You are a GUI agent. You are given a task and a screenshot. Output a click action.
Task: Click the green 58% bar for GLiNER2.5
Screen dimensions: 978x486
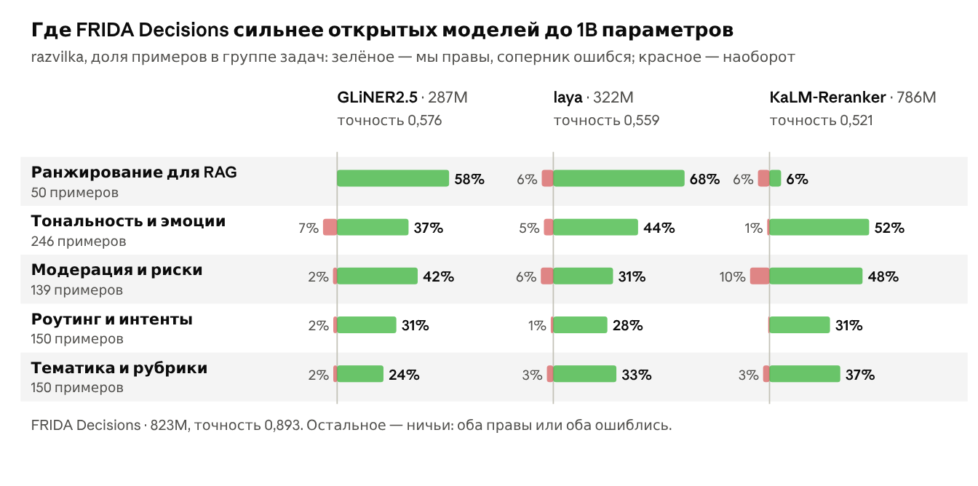tap(393, 178)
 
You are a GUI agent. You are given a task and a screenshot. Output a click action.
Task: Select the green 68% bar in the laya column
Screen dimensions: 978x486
tap(619, 178)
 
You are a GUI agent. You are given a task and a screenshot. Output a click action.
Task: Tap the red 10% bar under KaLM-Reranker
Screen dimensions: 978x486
tap(760, 276)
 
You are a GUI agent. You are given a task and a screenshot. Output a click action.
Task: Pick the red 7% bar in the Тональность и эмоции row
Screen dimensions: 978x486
tap(330, 228)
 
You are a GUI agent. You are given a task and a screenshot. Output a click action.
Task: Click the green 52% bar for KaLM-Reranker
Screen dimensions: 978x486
tap(819, 228)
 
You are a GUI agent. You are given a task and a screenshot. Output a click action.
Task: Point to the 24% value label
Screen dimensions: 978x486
tap(404, 375)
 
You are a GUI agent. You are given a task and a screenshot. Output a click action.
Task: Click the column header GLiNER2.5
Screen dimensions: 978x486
tap(377, 97)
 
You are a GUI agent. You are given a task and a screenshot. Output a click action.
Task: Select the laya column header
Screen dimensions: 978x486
tap(568, 97)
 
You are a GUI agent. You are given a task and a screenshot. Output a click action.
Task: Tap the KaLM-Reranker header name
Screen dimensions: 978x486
tap(827, 97)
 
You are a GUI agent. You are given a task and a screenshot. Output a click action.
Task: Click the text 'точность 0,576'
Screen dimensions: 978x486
tap(389, 121)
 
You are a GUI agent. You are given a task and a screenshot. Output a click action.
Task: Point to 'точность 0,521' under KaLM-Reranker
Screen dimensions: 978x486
tap(821, 121)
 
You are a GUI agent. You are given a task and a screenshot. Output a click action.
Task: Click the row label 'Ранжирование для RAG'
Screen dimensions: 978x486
tap(134, 172)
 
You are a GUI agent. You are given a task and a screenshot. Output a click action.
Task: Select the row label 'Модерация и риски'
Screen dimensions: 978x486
tap(116, 270)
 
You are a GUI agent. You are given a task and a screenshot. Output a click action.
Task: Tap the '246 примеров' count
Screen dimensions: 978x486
tap(79, 242)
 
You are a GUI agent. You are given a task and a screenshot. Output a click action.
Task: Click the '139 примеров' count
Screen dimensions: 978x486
tap(77, 290)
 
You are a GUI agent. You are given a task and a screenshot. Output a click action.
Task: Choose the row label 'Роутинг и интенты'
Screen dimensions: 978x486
tap(112, 319)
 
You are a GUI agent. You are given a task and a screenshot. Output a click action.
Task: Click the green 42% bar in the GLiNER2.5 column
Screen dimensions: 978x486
tap(377, 276)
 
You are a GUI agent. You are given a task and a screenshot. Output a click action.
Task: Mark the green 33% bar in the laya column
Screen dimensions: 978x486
tap(584, 374)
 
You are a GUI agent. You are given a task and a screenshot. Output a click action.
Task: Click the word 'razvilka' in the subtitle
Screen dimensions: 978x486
tap(57, 57)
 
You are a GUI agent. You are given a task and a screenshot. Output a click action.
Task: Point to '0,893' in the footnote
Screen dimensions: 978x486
tap(283, 426)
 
